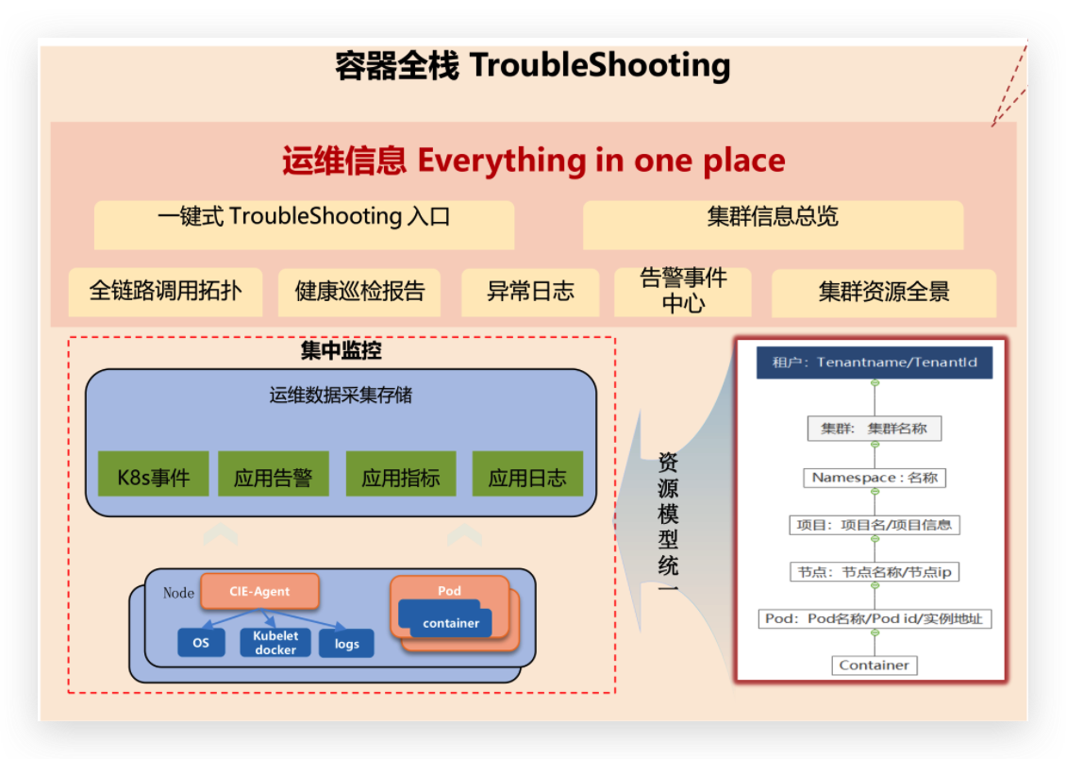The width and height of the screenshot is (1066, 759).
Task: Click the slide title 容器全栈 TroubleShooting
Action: pyautogui.click(x=533, y=66)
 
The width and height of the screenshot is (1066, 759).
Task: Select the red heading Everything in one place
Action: pyautogui.click(x=533, y=160)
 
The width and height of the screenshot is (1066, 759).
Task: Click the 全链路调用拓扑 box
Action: pyautogui.click(x=165, y=292)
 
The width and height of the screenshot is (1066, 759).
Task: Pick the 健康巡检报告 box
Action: pyautogui.click(x=359, y=292)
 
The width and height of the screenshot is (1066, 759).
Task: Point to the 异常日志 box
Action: pyautogui.click(x=530, y=292)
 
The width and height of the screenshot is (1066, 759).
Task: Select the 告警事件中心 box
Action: pyautogui.click(x=683, y=291)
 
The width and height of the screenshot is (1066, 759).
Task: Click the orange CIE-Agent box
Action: pyautogui.click(x=259, y=592)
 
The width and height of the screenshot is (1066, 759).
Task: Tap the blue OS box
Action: pyautogui.click(x=201, y=642)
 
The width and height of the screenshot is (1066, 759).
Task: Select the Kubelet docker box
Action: pyautogui.click(x=275, y=643)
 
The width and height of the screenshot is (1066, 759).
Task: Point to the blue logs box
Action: pyautogui.click(x=346, y=644)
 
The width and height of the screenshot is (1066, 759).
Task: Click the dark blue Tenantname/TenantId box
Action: pyautogui.click(x=874, y=363)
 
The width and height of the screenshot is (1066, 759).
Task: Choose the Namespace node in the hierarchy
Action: pyautogui.click(x=874, y=478)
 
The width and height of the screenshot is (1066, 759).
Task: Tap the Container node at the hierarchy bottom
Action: pyautogui.click(x=874, y=666)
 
